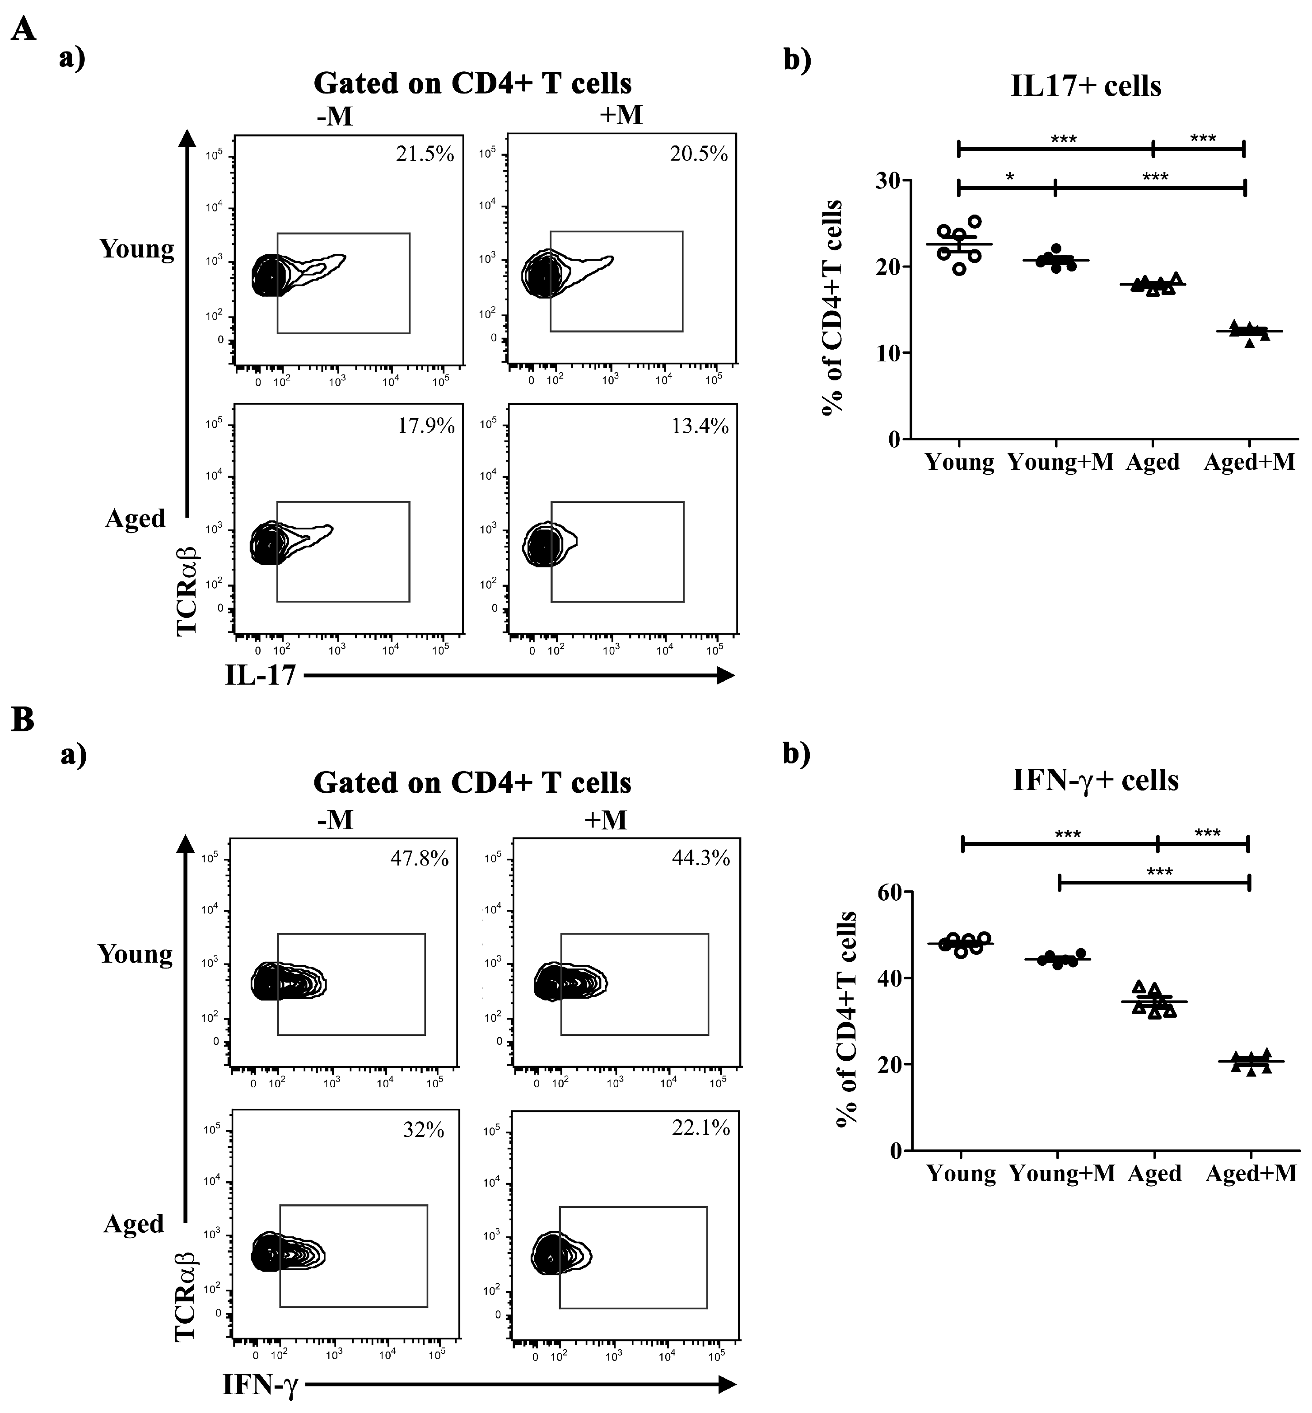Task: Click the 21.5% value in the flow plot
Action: click(425, 154)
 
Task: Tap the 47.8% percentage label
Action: click(419, 859)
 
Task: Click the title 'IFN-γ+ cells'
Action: click(1095, 780)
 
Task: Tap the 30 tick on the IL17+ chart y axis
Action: click(886, 181)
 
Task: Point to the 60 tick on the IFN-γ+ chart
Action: click(891, 893)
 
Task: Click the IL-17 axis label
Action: click(260, 675)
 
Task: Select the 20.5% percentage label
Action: click(699, 154)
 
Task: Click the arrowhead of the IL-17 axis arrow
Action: click(726, 675)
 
